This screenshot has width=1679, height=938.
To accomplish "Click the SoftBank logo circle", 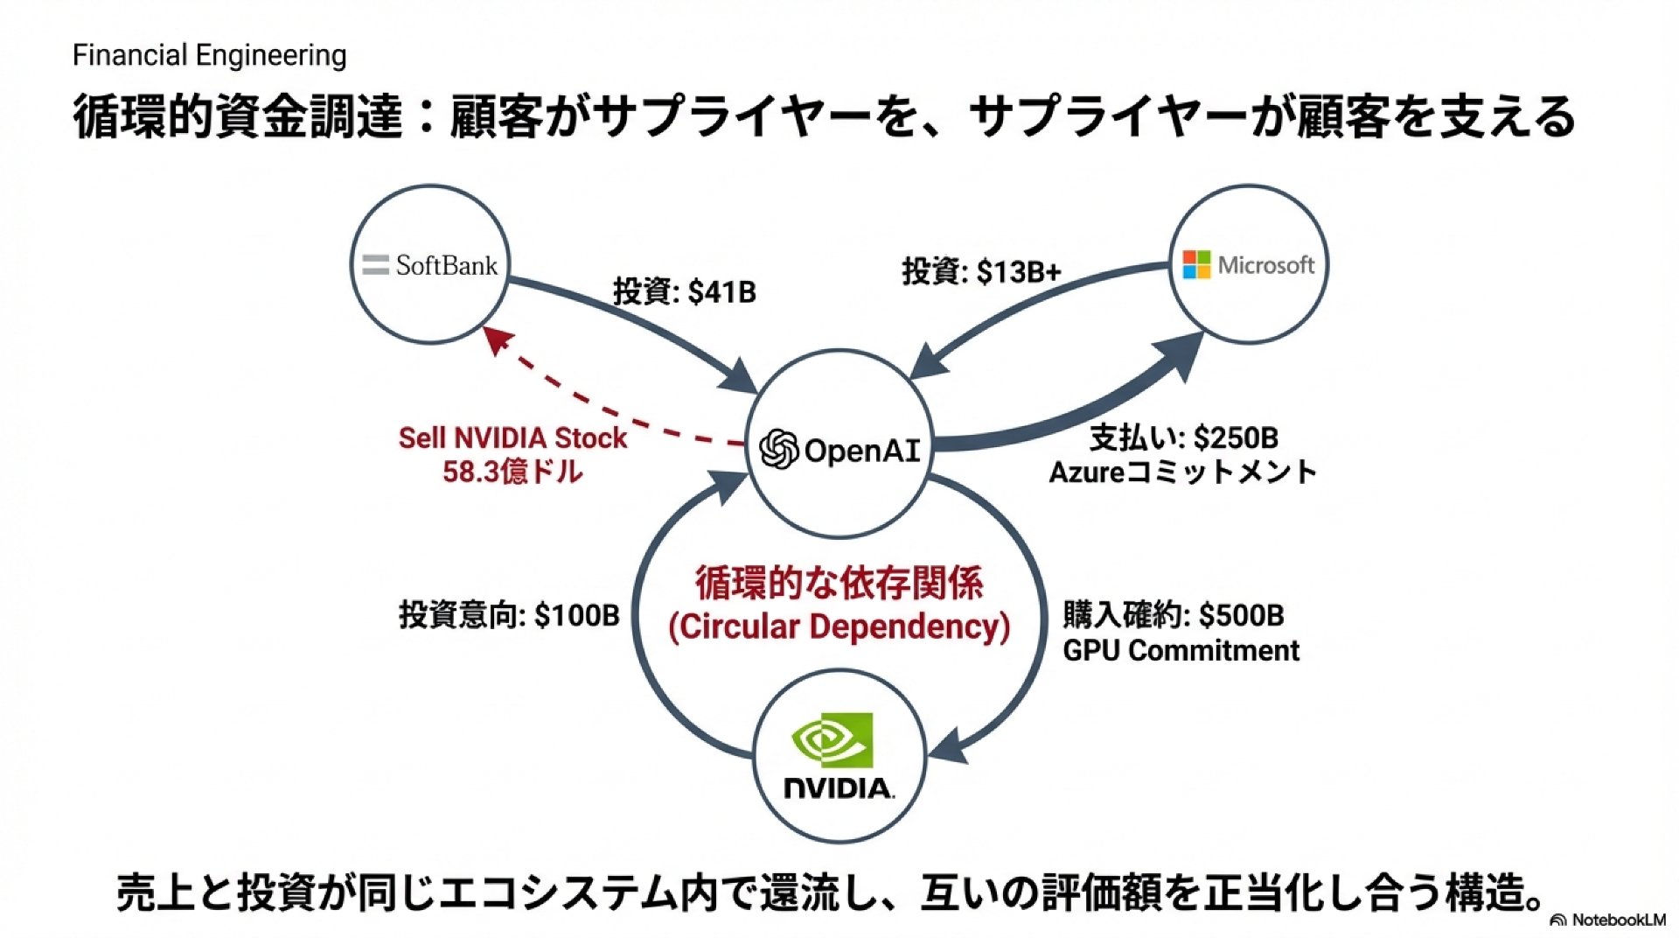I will [x=429, y=264].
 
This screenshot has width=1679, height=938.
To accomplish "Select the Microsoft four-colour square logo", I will [x=1195, y=264].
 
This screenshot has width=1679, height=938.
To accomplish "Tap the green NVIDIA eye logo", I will [x=833, y=740].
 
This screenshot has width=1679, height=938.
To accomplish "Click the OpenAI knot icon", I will [x=778, y=450].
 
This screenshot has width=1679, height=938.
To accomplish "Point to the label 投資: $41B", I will [x=684, y=291].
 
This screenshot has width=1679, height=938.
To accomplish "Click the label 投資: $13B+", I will [x=981, y=272].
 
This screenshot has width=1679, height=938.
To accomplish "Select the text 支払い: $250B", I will [x=1183, y=437].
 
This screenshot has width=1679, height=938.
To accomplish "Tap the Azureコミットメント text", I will [x=1182, y=472].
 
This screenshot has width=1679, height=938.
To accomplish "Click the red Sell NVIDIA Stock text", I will [x=512, y=437].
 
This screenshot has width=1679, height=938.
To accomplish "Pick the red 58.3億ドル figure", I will [x=512, y=472].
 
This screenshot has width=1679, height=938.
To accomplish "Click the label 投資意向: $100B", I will [x=509, y=615].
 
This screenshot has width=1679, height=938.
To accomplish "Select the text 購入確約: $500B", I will [x=1174, y=615].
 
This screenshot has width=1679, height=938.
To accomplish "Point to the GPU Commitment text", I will [x=1181, y=651].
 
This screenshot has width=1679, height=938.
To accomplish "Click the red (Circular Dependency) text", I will [x=839, y=626].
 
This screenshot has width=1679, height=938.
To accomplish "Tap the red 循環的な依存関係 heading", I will [x=839, y=583].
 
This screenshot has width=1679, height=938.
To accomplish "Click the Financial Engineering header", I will [x=209, y=55].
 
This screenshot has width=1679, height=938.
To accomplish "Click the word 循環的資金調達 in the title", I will [x=237, y=117].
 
